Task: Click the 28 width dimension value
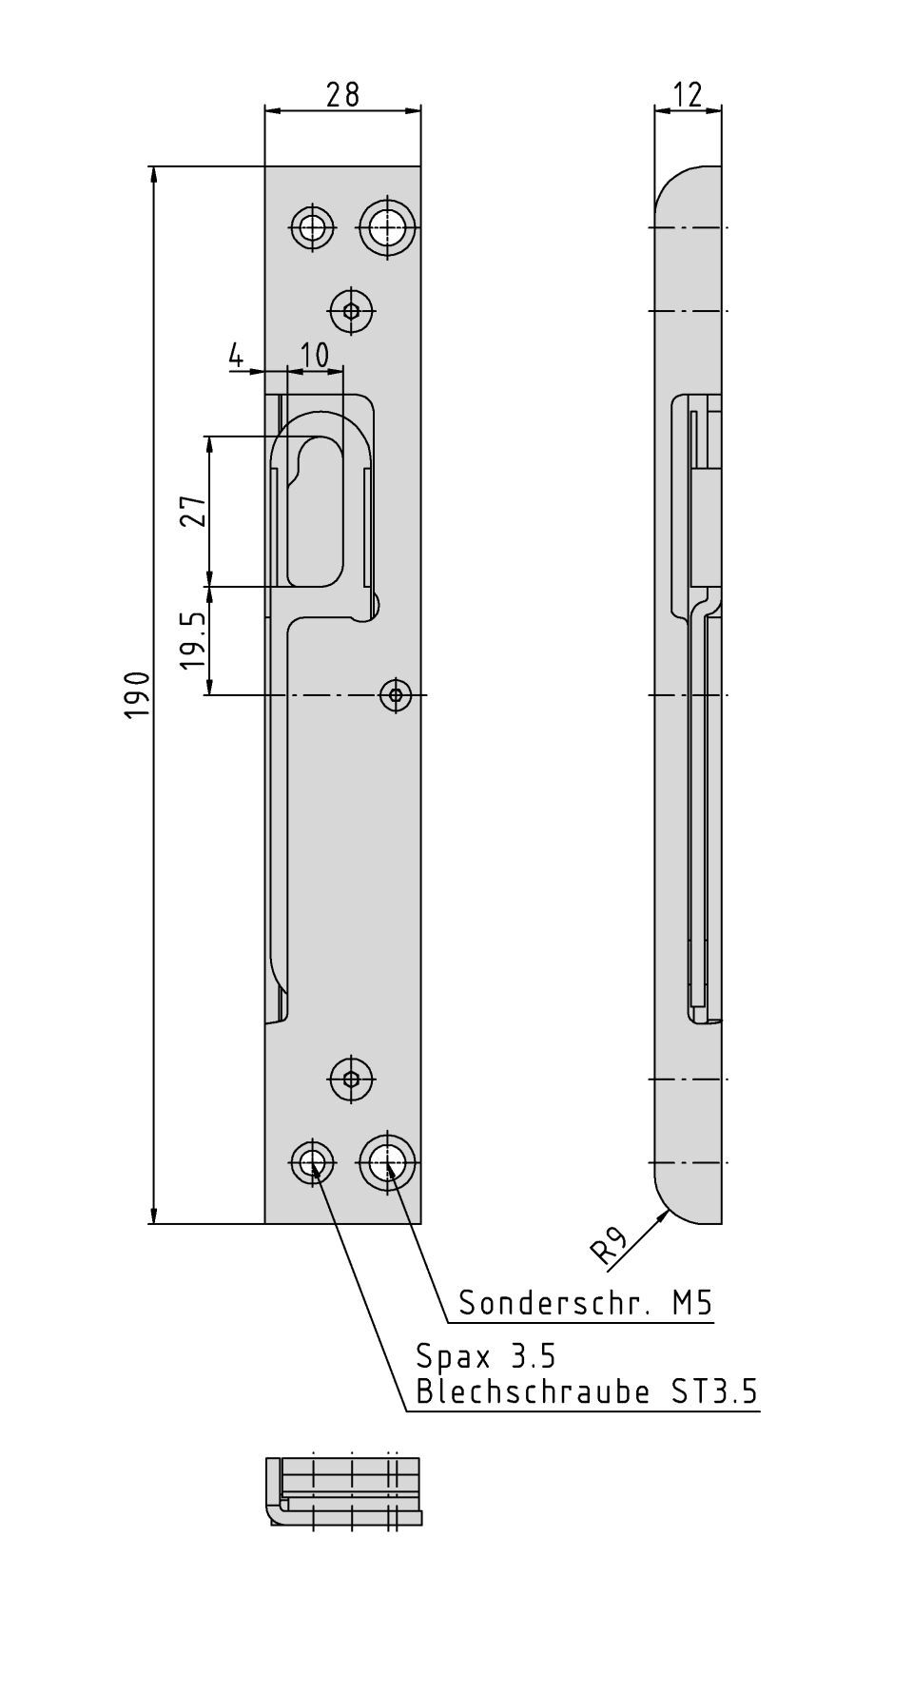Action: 342,94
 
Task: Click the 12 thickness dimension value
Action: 687,94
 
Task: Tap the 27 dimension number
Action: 194,512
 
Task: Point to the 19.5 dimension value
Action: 194,640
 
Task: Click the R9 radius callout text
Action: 609,1247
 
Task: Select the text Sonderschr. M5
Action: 585,1302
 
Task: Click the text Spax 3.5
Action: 485,1354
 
